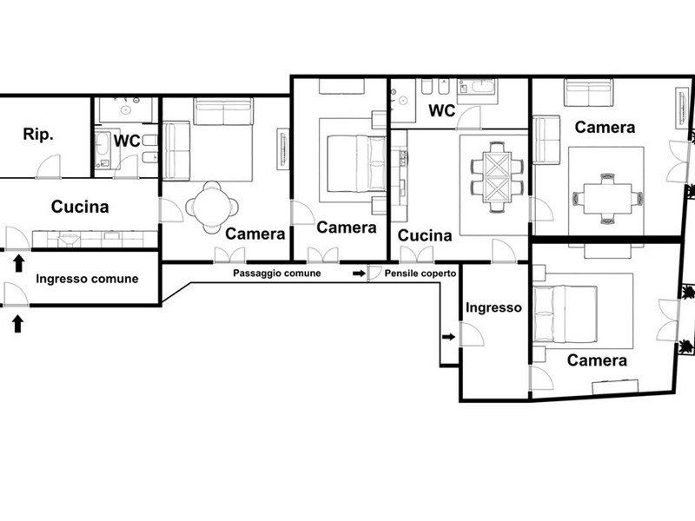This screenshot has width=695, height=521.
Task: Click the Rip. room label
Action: (38, 135)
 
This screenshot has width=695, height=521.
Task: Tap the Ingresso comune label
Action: (87, 279)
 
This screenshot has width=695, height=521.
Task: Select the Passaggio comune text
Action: (277, 273)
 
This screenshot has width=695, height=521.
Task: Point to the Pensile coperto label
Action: (420, 274)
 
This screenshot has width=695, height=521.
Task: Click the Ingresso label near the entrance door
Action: (493, 307)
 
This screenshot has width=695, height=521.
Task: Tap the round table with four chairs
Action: (212, 207)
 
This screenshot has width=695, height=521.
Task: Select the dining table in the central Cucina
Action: (496, 177)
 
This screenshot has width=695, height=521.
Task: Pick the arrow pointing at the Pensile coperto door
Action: (359, 274)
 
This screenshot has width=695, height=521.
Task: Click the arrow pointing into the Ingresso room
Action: (448, 337)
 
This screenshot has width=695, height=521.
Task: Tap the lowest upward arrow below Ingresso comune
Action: (17, 323)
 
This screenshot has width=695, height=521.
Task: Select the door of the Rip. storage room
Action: (49, 167)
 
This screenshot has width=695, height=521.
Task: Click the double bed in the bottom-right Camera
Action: (566, 314)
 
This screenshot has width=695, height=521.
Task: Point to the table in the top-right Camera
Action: (607, 198)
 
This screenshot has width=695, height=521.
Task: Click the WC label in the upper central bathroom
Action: (442, 111)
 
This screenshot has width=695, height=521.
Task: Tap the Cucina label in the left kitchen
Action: (80, 207)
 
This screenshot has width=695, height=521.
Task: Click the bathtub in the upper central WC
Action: (477, 86)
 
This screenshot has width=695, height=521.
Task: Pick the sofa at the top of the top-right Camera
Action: (589, 93)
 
